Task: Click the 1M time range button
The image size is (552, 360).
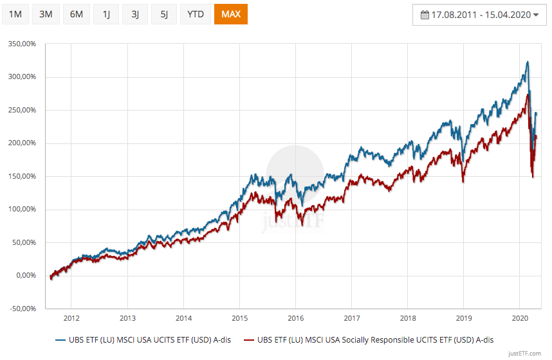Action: pyautogui.click(x=15, y=14)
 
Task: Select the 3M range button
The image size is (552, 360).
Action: pyautogui.click(x=46, y=14)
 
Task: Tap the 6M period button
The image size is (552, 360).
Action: pyautogui.click(x=76, y=14)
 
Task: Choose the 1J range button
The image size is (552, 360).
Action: pyautogui.click(x=106, y=14)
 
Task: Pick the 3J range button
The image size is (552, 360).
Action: pyautogui.click(x=135, y=14)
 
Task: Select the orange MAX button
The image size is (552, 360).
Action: pyautogui.click(x=230, y=14)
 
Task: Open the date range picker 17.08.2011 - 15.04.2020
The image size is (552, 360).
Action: pyautogui.click(x=479, y=14)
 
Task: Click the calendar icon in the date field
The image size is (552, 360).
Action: pyautogui.click(x=425, y=14)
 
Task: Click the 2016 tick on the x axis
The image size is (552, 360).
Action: pyautogui.click(x=295, y=318)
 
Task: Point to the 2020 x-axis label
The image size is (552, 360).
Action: pyautogui.click(x=519, y=318)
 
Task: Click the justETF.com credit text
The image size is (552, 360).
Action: pyautogui.click(x=526, y=354)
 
